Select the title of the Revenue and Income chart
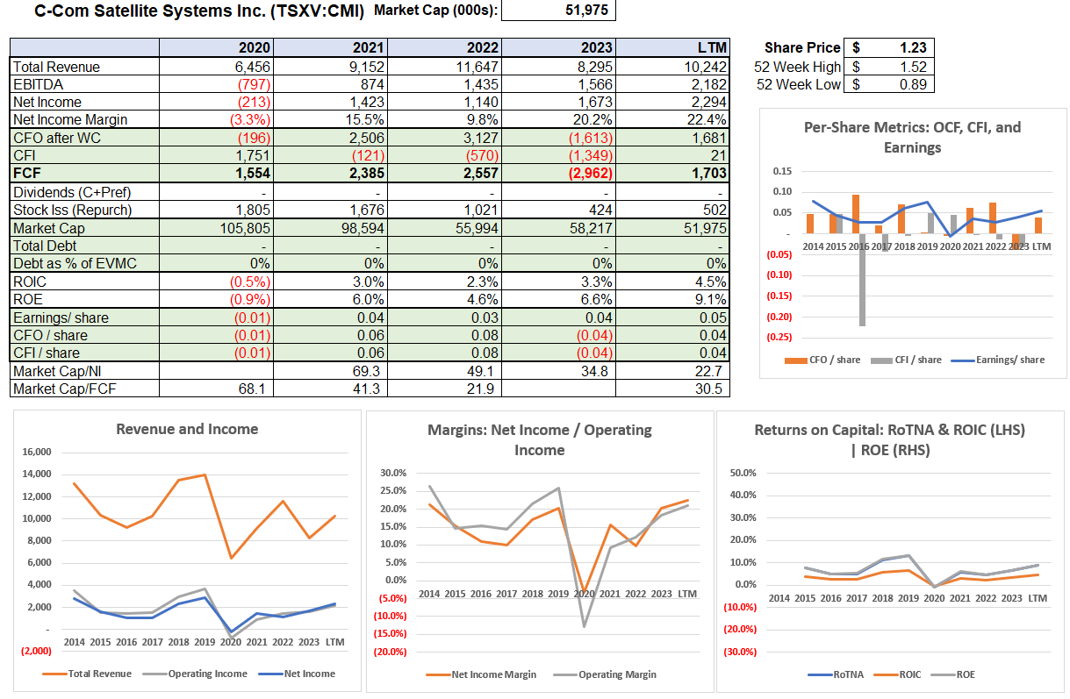(x=187, y=429)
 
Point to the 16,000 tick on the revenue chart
(x=37, y=453)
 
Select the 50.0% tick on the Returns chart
(x=743, y=473)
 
